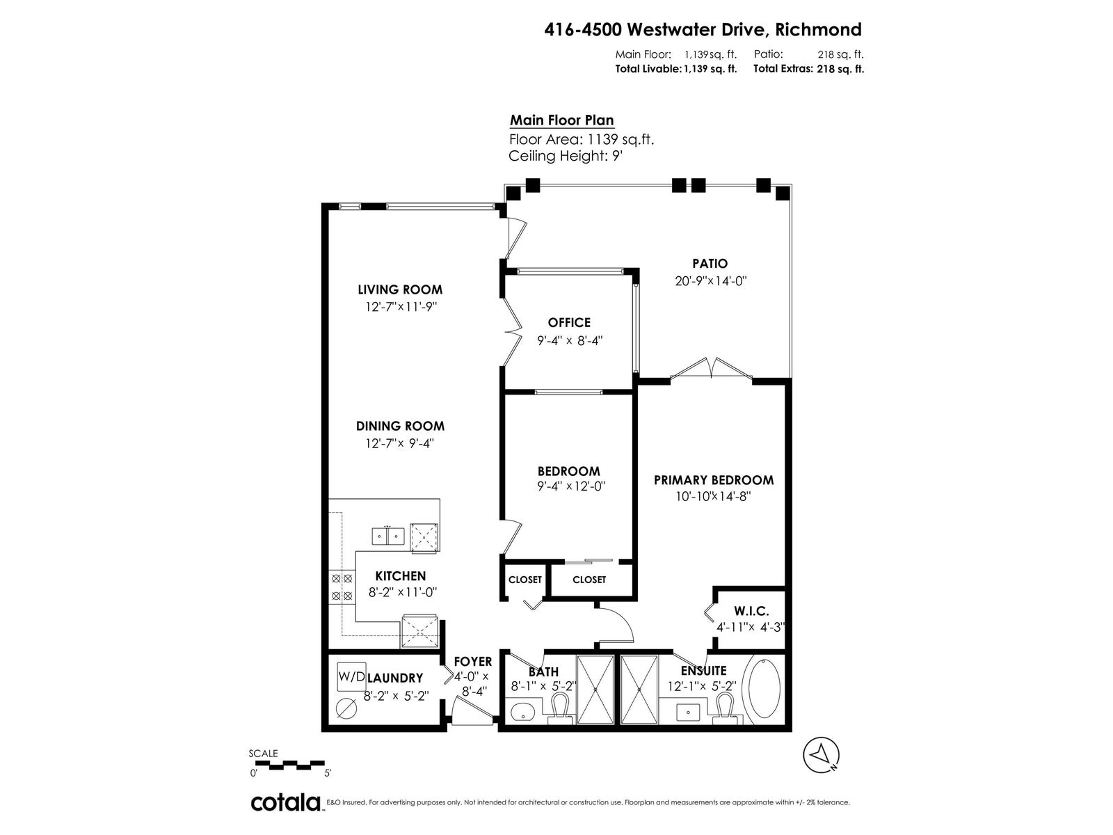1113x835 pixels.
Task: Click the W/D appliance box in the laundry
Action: pos(351,676)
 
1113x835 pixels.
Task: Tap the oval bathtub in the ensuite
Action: pos(764,687)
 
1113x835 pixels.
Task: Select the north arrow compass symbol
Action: pos(821,755)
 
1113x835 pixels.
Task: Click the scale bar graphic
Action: pos(287,764)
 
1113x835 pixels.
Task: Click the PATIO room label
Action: pos(710,264)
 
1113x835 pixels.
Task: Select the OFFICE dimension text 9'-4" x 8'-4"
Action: pos(570,341)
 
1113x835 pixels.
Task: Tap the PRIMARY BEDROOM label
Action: pos(714,480)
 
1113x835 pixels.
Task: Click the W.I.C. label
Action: pos(751,612)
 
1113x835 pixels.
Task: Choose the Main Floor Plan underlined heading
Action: pos(562,120)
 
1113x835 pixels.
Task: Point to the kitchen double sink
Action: pos(388,536)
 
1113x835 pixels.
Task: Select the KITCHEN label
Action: pos(401,576)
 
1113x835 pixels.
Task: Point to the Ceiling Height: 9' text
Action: pos(566,156)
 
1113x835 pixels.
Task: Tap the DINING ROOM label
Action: pos(400,426)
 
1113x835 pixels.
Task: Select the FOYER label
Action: pos(473,662)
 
